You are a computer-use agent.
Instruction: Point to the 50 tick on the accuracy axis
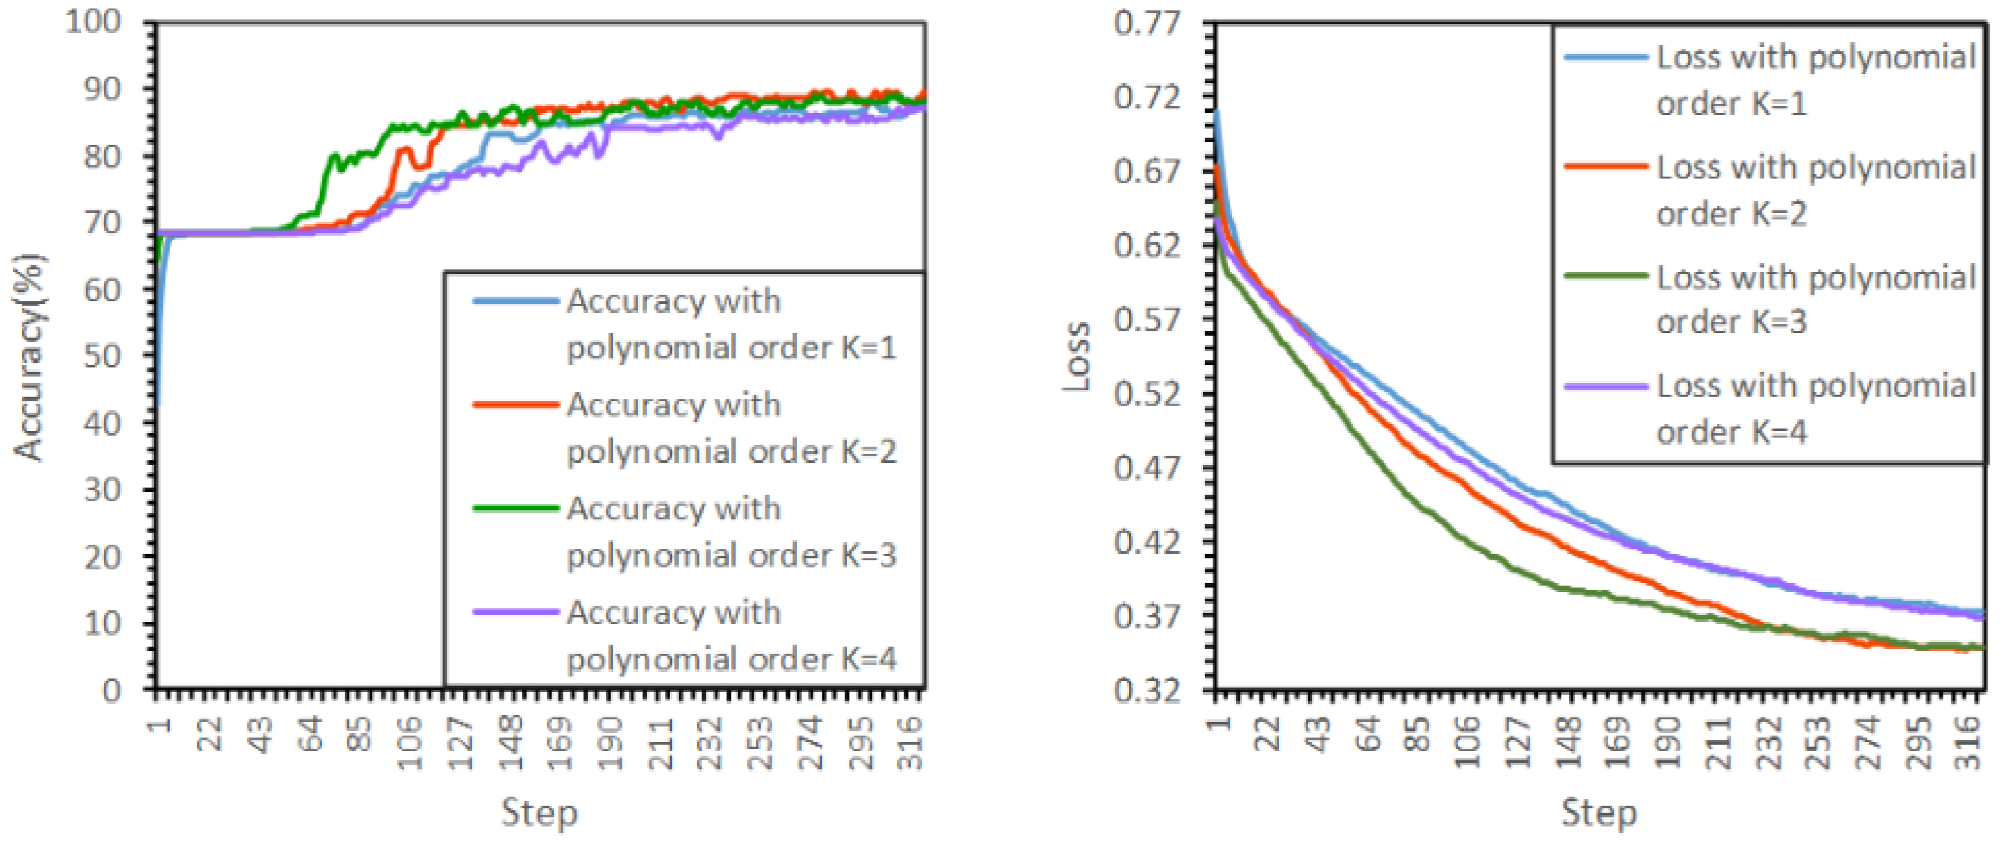tap(103, 356)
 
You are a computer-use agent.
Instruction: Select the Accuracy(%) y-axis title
tap(29, 358)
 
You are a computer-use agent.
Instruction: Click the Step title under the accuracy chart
tap(539, 813)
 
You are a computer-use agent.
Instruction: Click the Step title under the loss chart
tap(1600, 813)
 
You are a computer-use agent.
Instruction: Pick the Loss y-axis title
tap(1077, 356)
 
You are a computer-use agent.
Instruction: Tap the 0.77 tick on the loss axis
tap(1146, 23)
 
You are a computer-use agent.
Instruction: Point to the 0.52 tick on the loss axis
tap(1146, 393)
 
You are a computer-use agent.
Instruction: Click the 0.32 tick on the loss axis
tap(1146, 690)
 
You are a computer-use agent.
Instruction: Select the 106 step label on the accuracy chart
tap(410, 742)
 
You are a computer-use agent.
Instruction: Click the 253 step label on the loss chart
tap(1818, 742)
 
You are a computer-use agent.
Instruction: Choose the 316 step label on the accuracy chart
tap(910, 742)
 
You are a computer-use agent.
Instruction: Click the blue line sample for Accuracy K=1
tap(516, 301)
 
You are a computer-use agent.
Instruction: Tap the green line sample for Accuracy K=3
tap(516, 508)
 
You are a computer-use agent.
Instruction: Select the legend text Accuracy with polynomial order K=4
tap(730, 636)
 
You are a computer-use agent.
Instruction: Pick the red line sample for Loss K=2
tap(1605, 166)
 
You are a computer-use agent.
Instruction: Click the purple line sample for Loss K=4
tap(1605, 386)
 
